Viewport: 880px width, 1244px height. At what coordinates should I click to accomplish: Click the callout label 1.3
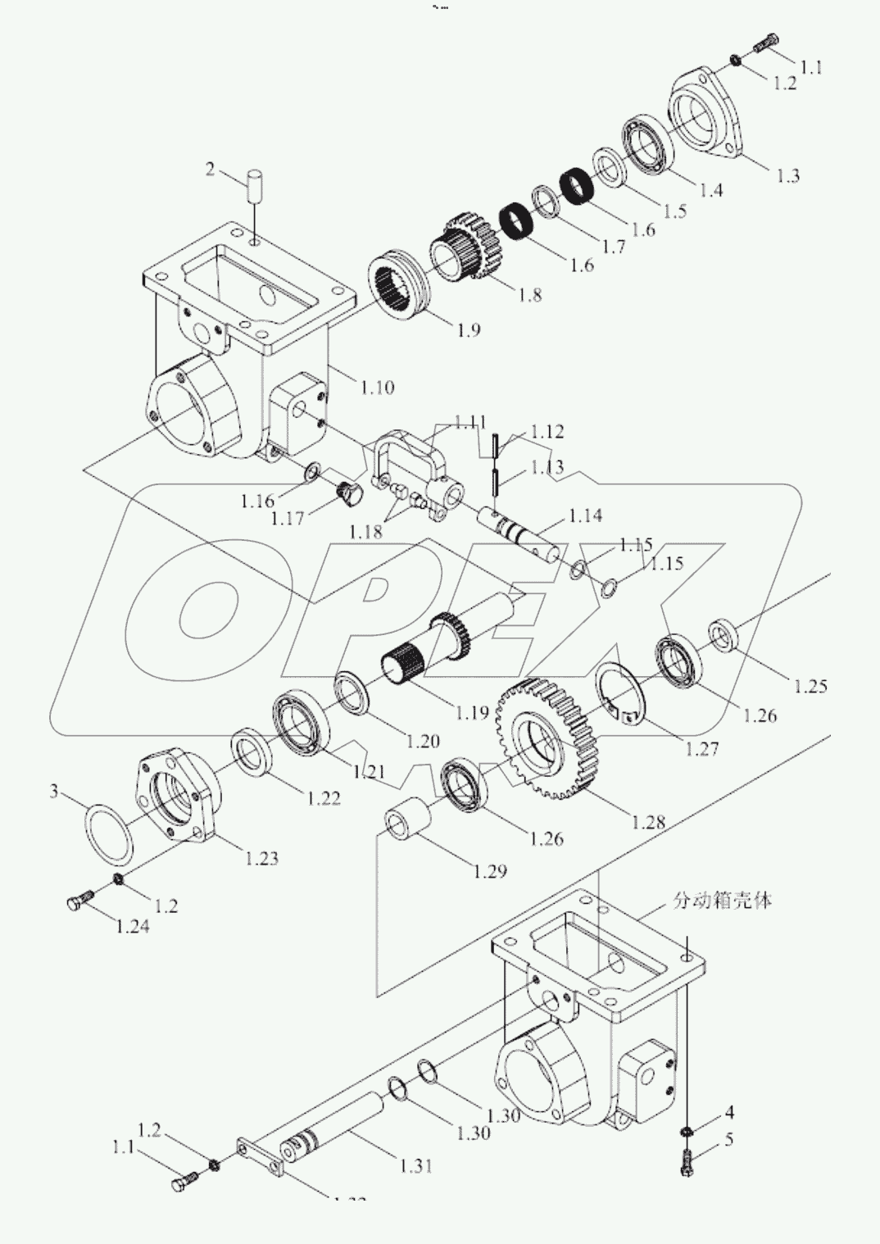pyautogui.click(x=787, y=176)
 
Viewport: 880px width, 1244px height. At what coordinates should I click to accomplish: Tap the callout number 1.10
pyautogui.click(x=377, y=387)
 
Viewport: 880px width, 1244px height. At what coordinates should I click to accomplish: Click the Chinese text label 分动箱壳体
pyautogui.click(x=722, y=901)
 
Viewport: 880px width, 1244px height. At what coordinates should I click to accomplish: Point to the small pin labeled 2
pyautogui.click(x=255, y=190)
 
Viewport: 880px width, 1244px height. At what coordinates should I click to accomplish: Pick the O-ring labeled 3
pyautogui.click(x=109, y=833)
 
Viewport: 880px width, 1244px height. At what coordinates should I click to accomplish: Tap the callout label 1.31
pyautogui.click(x=415, y=1165)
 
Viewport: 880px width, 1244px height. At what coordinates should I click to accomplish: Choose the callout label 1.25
pyautogui.click(x=810, y=686)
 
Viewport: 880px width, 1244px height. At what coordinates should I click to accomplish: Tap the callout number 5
pyautogui.click(x=729, y=1139)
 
